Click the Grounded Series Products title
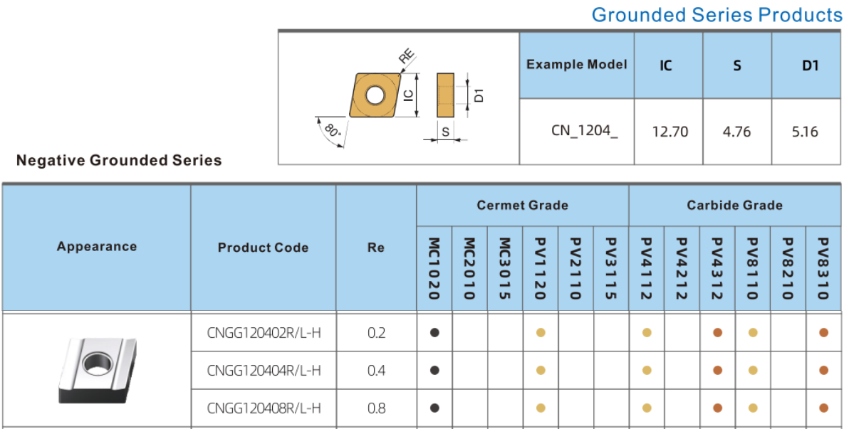click(717, 15)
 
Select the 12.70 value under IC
click(670, 132)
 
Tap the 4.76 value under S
click(737, 132)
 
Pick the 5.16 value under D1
click(806, 132)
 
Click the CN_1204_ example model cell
click(585, 131)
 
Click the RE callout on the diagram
click(407, 57)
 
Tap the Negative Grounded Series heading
click(119, 160)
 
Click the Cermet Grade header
click(522, 205)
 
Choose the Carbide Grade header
click(734, 205)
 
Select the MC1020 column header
click(434, 269)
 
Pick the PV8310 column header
click(823, 269)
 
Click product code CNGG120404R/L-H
click(264, 371)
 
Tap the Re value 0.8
click(376, 408)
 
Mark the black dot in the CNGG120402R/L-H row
click(435, 333)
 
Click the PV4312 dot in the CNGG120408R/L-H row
click(717, 408)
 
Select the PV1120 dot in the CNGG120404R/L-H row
click(541, 371)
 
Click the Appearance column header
click(97, 246)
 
